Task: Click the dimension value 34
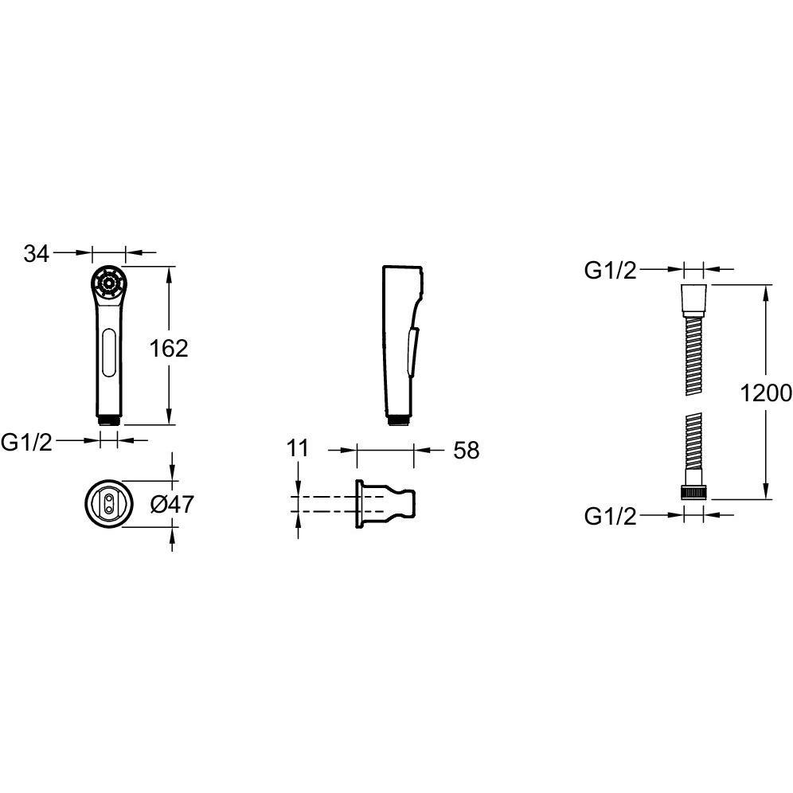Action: point(37,253)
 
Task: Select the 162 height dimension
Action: point(169,349)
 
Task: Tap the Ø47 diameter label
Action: point(173,504)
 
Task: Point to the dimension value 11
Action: point(298,448)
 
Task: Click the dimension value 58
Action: point(466,450)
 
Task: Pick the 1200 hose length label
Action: point(766,393)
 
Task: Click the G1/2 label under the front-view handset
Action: point(27,443)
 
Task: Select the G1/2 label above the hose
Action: point(611,271)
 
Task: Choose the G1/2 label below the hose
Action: point(611,517)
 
